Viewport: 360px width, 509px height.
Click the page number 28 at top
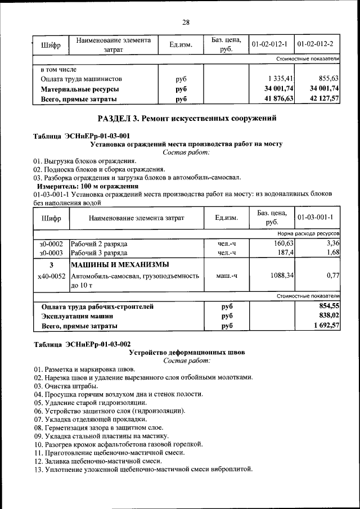pos(186,22)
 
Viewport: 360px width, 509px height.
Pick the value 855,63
pos(328,79)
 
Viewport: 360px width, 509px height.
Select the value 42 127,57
pos(322,100)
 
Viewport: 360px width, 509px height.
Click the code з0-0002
pos(51,244)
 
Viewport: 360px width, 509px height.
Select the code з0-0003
pos(51,253)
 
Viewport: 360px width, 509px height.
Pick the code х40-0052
pos(51,276)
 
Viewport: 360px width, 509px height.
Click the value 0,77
pos(331,276)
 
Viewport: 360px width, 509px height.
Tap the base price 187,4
pos(284,253)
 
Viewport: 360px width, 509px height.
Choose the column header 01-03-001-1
pos(316,217)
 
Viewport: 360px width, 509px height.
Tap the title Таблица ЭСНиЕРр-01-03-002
pos(82,344)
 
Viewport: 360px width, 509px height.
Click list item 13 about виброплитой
pos(143,469)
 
